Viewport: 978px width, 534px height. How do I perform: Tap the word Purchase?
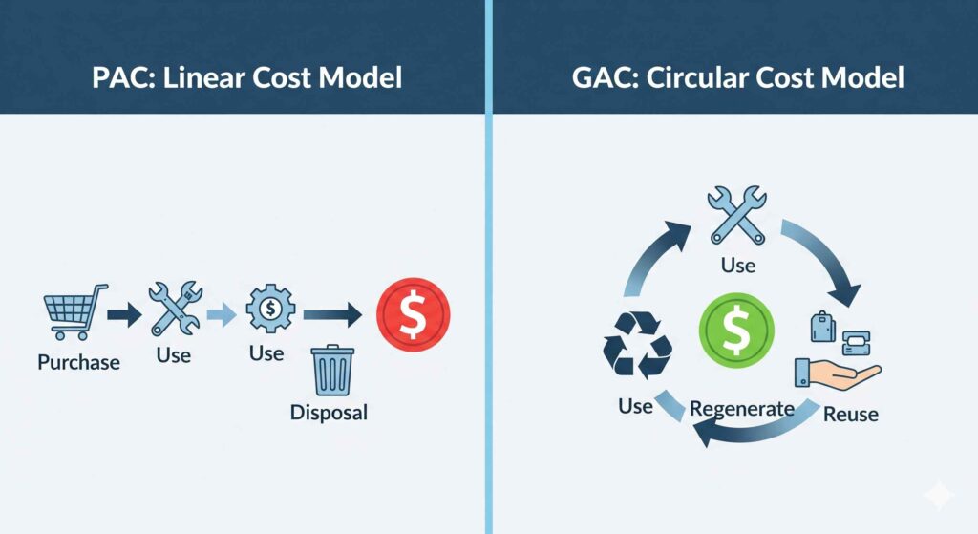point(78,362)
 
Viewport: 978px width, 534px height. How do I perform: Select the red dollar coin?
point(413,314)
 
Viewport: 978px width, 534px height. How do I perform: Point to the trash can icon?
point(332,371)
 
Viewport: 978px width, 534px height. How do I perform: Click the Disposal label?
point(329,413)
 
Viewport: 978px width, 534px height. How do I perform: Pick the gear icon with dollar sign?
point(270,309)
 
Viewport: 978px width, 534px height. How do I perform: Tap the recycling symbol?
point(637,345)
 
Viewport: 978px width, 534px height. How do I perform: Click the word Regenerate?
point(741,409)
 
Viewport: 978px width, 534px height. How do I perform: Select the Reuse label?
point(851,415)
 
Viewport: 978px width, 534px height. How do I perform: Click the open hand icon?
point(837,374)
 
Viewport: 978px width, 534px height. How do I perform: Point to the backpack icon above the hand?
point(822,327)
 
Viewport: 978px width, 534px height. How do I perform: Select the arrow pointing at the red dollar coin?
point(332,314)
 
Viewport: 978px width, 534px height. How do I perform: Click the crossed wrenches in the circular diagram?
point(737,214)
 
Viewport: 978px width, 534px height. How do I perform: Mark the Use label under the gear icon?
point(266,353)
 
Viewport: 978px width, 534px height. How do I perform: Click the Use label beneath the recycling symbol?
point(635,406)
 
